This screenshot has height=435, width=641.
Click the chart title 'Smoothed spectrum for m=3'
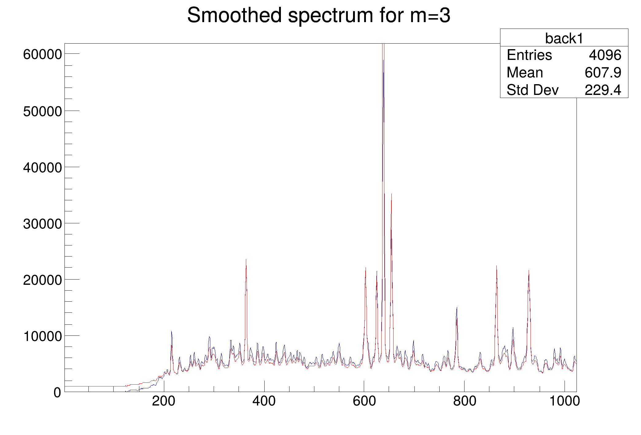point(319,15)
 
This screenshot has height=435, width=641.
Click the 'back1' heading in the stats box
point(564,38)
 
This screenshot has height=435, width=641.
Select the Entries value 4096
point(605,55)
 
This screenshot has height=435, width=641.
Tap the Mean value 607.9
point(603,73)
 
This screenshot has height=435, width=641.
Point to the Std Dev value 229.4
point(603,90)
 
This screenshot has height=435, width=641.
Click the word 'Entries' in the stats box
point(529,55)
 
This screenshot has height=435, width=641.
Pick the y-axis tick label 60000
point(42,55)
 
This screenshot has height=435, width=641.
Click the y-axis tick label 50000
point(42,111)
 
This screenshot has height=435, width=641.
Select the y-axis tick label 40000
point(42,168)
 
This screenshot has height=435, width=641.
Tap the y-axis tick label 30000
point(42,224)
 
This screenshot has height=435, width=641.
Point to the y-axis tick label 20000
point(42,280)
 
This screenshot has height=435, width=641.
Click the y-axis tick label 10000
point(42,336)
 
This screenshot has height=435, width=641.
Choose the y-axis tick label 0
point(57,393)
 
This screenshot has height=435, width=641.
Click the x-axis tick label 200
point(164,401)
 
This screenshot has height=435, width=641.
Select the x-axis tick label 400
point(264,401)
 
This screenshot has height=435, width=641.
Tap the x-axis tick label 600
point(364,401)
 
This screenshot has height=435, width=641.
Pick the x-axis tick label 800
point(464,401)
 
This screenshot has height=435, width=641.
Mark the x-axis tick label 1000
point(565,401)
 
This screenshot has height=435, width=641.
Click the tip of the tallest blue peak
point(383,60)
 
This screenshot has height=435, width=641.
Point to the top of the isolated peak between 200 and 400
point(246,260)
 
